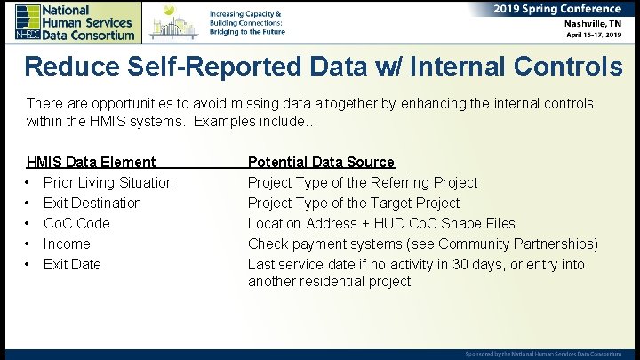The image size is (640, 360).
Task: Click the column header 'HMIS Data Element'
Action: pyautogui.click(x=92, y=162)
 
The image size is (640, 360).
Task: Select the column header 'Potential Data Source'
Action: pyautogui.click(x=321, y=162)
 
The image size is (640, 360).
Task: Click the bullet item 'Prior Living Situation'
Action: pyautogui.click(x=108, y=182)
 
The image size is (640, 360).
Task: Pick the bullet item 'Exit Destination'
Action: pyautogui.click(x=92, y=203)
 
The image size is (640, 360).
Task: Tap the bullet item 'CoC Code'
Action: pyautogui.click(x=76, y=223)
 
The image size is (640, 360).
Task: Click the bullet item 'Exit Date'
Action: pyautogui.click(x=72, y=264)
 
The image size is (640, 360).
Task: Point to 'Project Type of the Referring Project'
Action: pyautogui.click(x=363, y=182)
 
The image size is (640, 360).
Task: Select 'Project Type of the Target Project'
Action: pyautogui.click(x=354, y=203)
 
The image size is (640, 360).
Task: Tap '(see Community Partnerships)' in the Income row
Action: pyautogui.click(x=503, y=244)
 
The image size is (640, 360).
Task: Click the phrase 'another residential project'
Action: pyautogui.click(x=329, y=282)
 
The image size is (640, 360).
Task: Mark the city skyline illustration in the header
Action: pyautogui.click(x=173, y=21)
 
